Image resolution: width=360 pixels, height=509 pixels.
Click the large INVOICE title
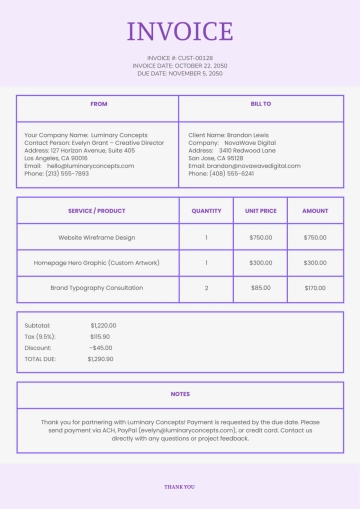tap(180, 32)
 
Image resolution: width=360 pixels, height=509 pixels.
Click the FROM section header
tap(98, 104)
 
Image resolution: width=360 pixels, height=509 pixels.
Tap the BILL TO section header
tap(260, 104)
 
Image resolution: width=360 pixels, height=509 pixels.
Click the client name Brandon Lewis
tap(249, 134)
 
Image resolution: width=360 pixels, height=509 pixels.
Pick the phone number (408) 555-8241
tap(231, 173)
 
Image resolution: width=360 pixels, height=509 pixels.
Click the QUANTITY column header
tap(206, 211)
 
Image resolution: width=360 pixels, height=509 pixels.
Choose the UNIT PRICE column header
tap(260, 211)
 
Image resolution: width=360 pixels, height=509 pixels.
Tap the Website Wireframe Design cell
tap(96, 238)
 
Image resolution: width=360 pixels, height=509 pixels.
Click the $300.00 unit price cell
tap(260, 263)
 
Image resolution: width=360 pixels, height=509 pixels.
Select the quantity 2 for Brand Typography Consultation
tap(206, 288)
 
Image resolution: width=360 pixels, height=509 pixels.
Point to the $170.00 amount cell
tap(315, 288)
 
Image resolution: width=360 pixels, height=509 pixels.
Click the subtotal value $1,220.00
tap(103, 325)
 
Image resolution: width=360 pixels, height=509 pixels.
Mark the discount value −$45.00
tap(100, 347)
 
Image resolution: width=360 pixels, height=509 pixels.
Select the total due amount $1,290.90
tap(100, 358)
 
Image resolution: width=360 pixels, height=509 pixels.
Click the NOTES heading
tap(180, 394)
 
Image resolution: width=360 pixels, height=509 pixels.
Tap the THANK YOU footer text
tap(180, 487)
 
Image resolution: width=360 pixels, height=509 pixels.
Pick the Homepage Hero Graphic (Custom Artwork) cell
tap(96, 263)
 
